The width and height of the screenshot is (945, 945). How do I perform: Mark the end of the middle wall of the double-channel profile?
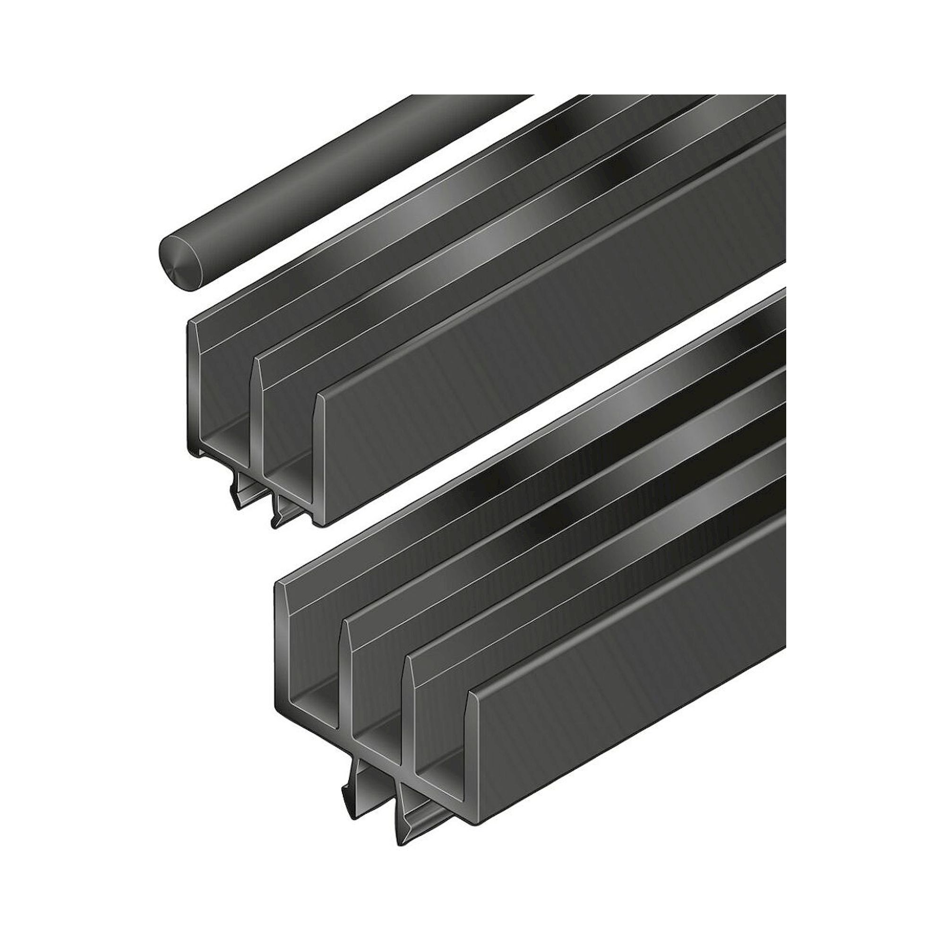(x=257, y=421)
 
